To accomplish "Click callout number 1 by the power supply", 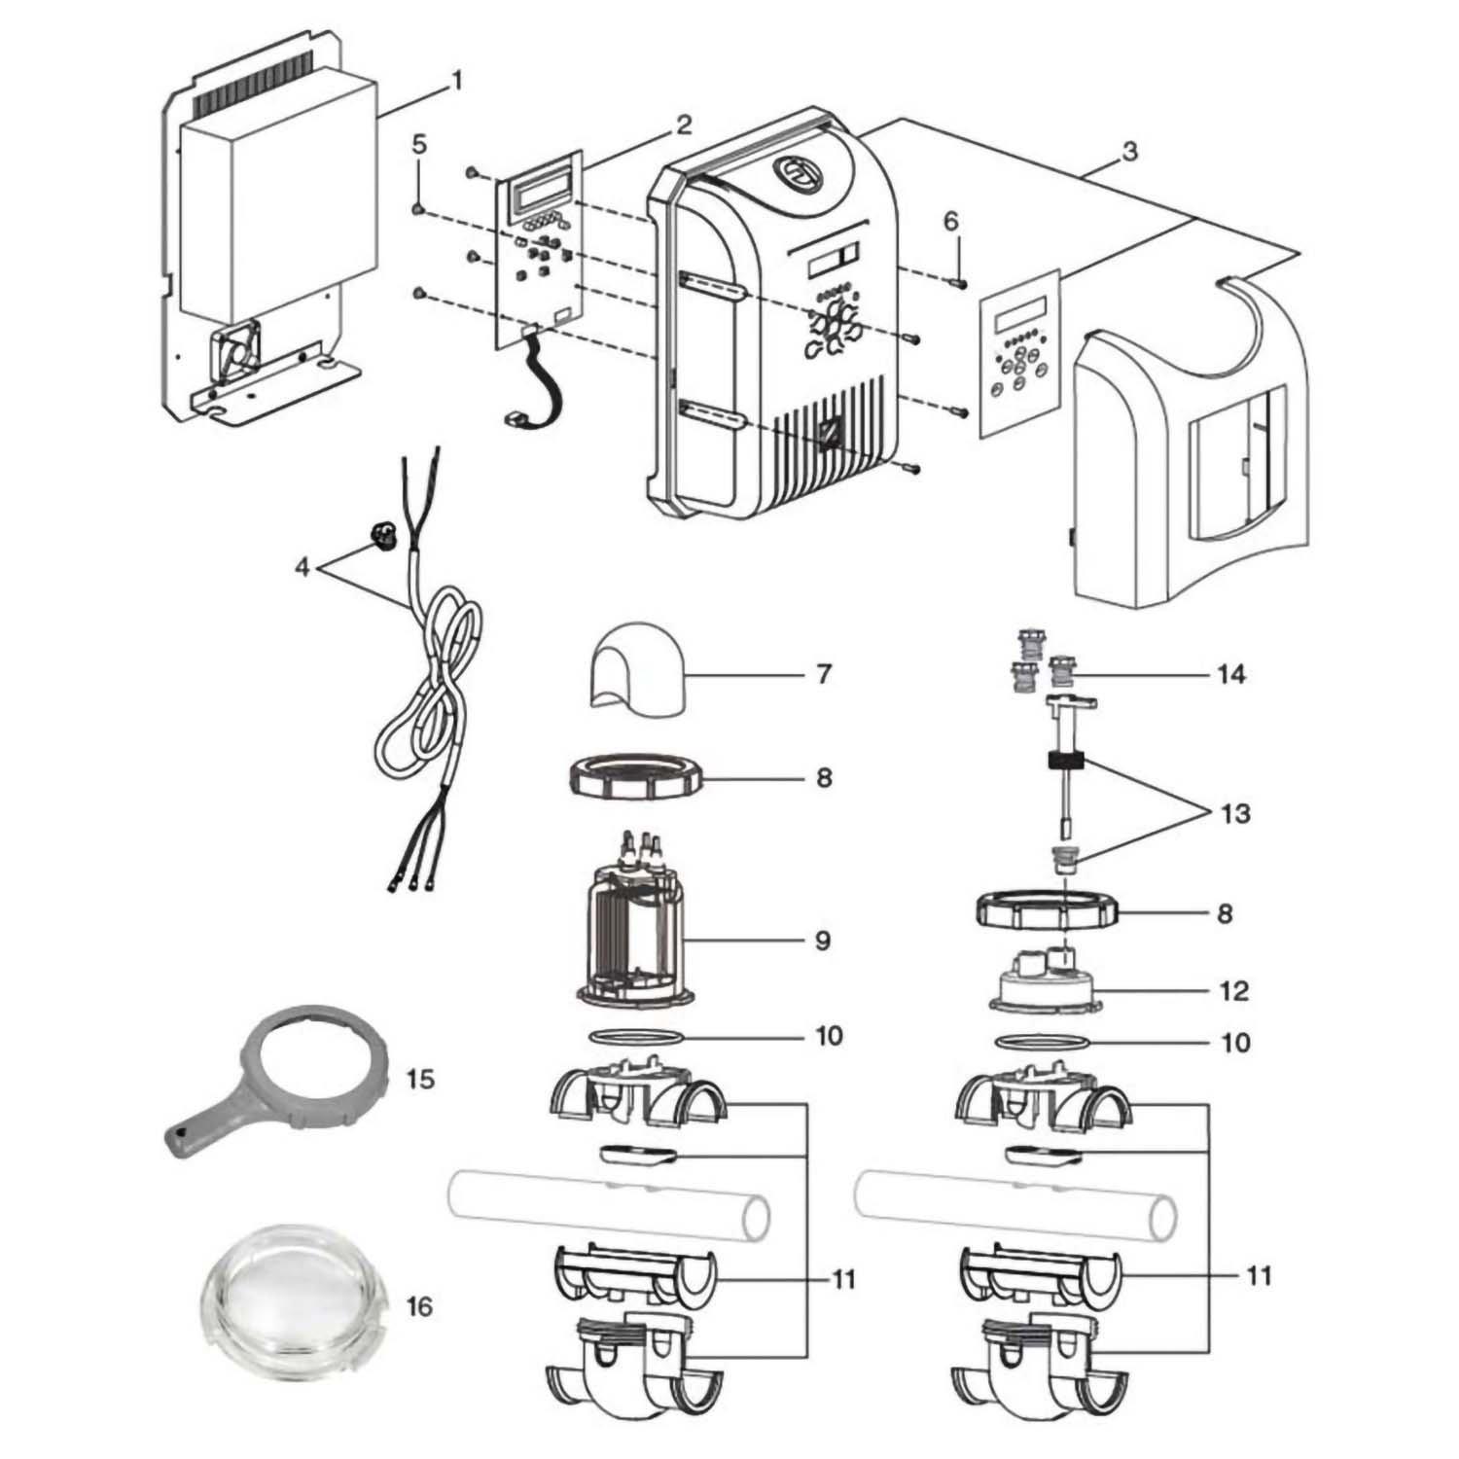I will (455, 82).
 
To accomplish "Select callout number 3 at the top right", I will (1129, 151).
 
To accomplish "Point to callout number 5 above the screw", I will (419, 145).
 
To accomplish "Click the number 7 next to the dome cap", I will (824, 673).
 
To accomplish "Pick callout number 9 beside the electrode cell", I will (823, 941).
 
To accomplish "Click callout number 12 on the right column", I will (1232, 991).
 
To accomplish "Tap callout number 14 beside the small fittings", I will (1231, 674).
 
